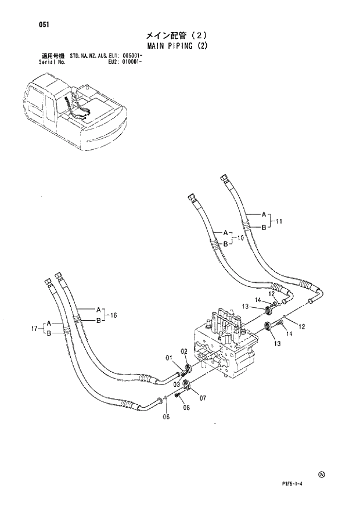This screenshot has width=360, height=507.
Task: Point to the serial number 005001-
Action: pos(133,55)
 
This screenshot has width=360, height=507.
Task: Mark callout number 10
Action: pos(240,238)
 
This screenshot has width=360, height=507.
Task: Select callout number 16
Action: pos(114,315)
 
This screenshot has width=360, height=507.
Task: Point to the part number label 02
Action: pos(184,352)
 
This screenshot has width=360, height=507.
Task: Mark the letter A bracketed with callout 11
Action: pos(263,213)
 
